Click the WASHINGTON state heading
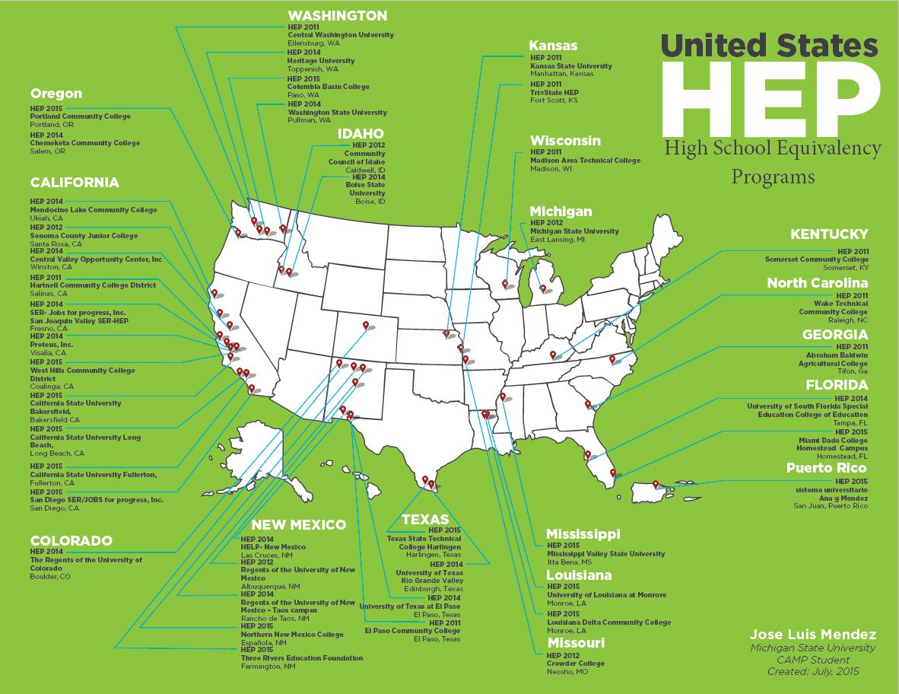click(x=337, y=16)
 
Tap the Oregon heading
click(x=56, y=94)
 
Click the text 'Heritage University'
click(x=321, y=61)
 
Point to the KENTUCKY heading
click(x=828, y=234)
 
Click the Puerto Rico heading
click(x=826, y=468)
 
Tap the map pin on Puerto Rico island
click(x=656, y=483)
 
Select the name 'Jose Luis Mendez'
click(x=813, y=635)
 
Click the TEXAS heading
click(x=425, y=520)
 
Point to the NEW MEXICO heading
click(x=298, y=525)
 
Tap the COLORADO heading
click(x=71, y=541)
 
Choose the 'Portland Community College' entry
click(x=81, y=116)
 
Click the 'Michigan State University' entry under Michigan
click(x=574, y=231)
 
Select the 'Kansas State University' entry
click(x=571, y=66)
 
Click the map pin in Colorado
click(x=366, y=326)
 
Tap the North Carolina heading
click(x=817, y=283)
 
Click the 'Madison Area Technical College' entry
click(x=586, y=161)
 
